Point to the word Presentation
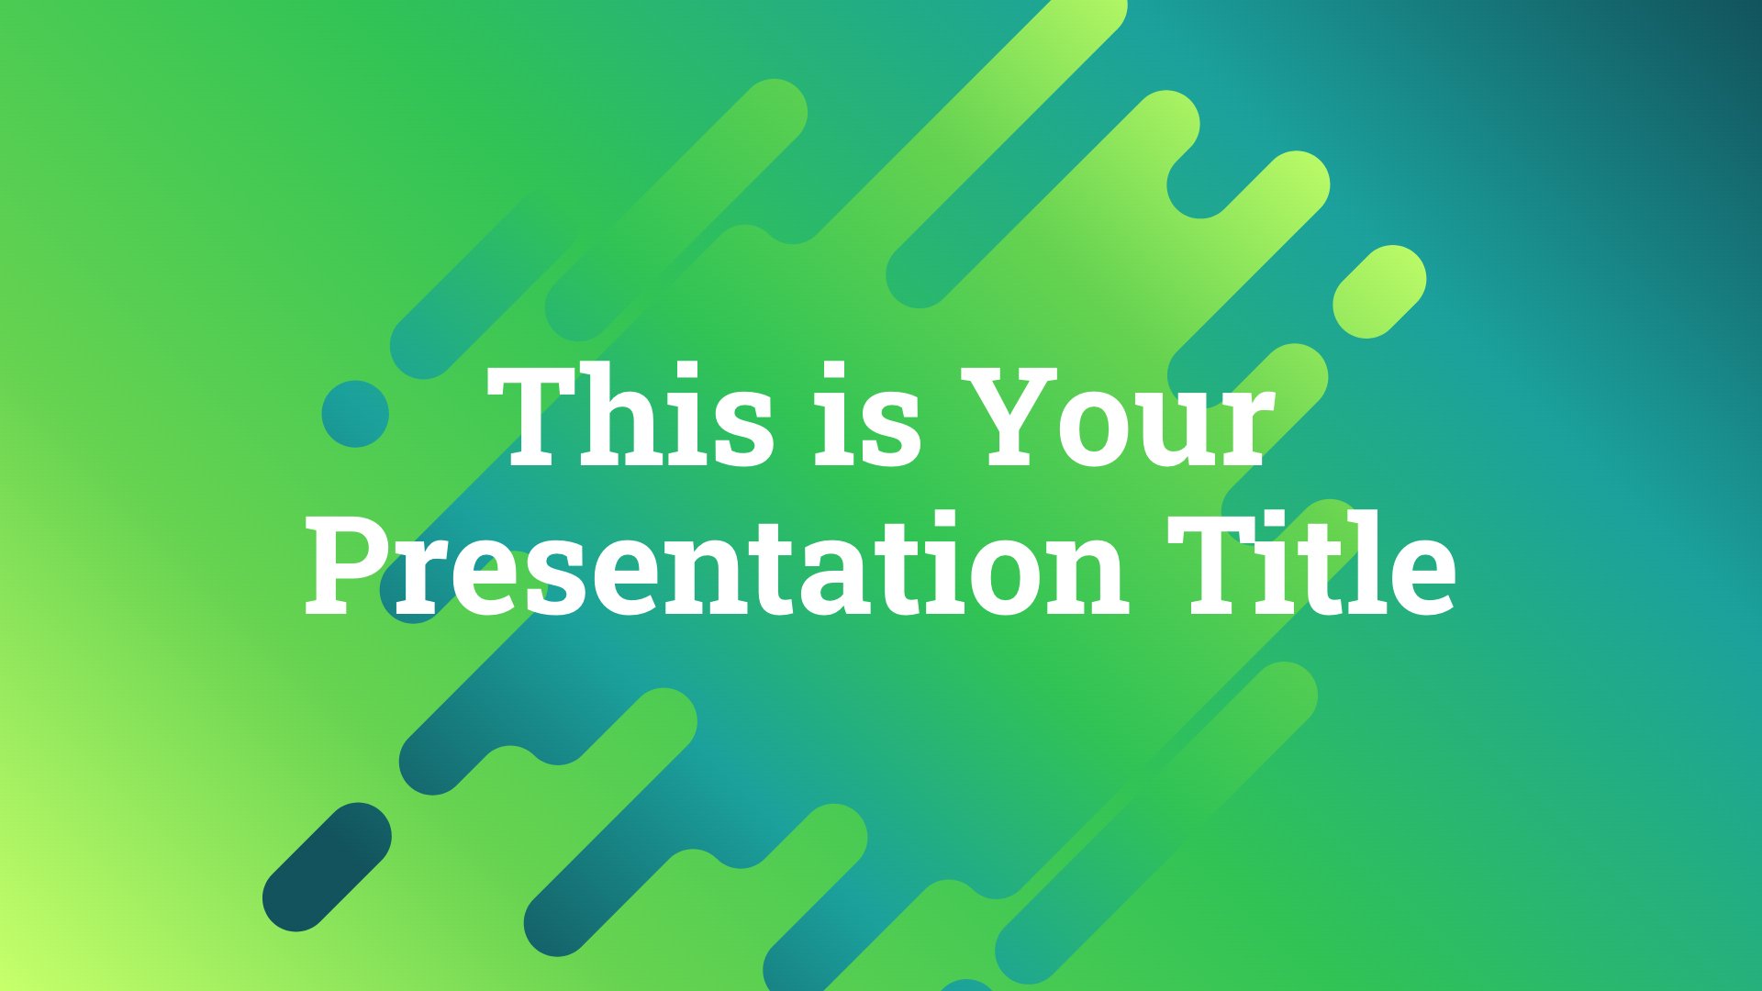pos(716,564)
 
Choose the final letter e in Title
pos(1419,578)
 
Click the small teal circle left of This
pos(355,414)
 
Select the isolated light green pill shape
pos(1379,292)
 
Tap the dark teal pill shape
pos(327,867)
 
